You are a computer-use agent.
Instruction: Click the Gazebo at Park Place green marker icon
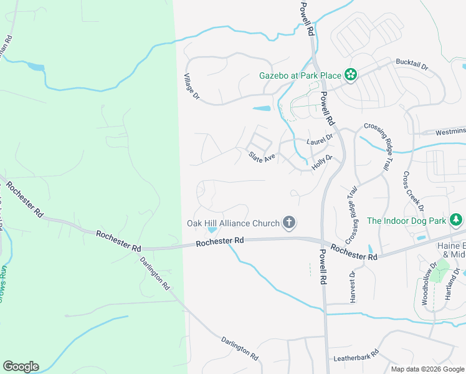coord(351,75)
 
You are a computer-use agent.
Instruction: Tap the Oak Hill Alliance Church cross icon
coord(288,223)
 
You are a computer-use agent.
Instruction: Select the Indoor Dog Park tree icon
coord(457,220)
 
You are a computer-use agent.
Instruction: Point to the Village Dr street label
coord(191,88)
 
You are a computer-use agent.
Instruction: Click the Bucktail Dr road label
coord(412,64)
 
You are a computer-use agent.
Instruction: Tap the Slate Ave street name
coord(262,157)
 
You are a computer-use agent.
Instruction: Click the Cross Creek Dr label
coord(414,191)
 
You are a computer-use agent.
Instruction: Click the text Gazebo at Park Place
coord(300,76)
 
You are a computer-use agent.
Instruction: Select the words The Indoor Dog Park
coord(407,221)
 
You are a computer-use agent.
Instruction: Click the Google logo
coord(21,367)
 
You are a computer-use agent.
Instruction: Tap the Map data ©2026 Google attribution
coord(428,369)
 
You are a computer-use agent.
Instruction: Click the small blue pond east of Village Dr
coord(262,108)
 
